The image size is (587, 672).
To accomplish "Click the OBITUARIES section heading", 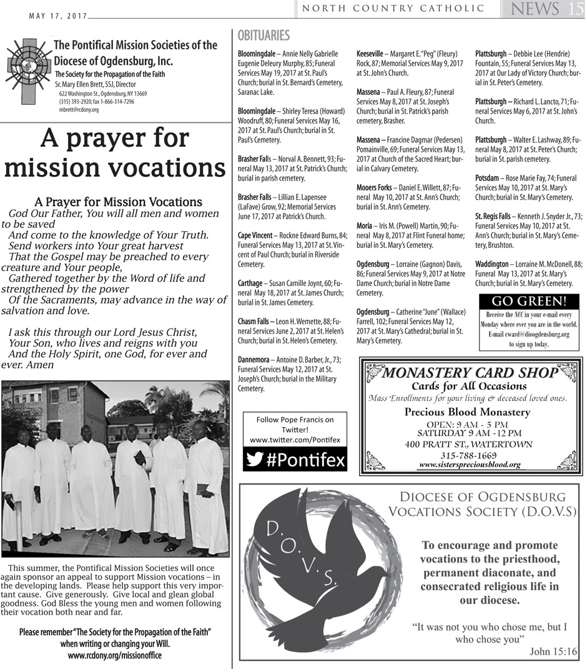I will (264, 36).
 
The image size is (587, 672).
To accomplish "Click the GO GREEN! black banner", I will (528, 301).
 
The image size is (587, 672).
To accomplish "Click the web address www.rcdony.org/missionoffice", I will (114, 656).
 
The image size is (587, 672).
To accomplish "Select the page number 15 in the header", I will (575, 9).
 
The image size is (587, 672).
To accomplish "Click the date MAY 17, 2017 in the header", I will (58, 17).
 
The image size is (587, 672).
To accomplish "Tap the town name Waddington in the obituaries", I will (491, 264).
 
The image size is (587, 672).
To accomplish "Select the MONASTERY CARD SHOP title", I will (469, 373).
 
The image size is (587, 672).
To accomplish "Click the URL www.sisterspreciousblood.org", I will (469, 465).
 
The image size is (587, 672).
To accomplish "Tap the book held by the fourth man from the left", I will (140, 458).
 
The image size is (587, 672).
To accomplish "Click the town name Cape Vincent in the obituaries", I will (255, 235).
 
